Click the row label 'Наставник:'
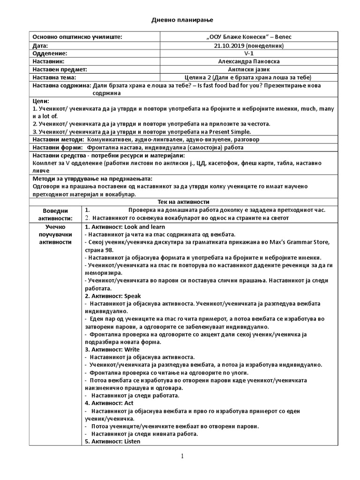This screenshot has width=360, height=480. [47, 61]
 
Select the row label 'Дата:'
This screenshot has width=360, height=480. [40, 45]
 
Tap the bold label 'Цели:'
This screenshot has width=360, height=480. [40, 101]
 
